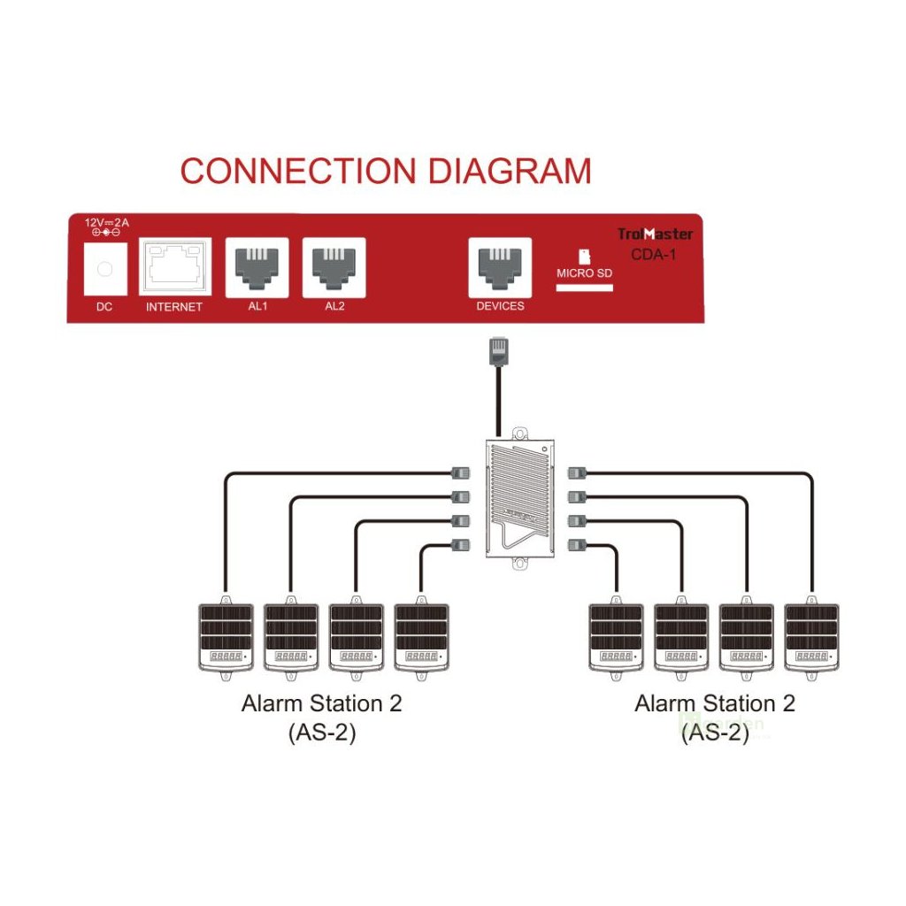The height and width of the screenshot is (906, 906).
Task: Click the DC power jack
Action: (104, 266)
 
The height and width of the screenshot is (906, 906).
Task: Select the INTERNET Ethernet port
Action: (174, 265)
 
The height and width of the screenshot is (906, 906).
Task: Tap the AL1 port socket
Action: (257, 265)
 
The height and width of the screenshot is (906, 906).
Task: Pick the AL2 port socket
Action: (334, 265)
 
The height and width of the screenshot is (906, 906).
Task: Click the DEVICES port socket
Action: (500, 266)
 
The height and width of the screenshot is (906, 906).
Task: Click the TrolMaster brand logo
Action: (655, 234)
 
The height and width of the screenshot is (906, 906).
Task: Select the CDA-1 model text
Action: (655, 254)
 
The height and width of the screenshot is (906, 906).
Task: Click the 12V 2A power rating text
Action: (106, 223)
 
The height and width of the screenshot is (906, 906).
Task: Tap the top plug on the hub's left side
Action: (462, 473)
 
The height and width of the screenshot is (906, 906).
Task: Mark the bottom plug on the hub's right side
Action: (577, 544)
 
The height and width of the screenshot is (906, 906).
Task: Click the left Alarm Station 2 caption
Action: (321, 704)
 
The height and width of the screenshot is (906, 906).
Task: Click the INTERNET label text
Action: (174, 307)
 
